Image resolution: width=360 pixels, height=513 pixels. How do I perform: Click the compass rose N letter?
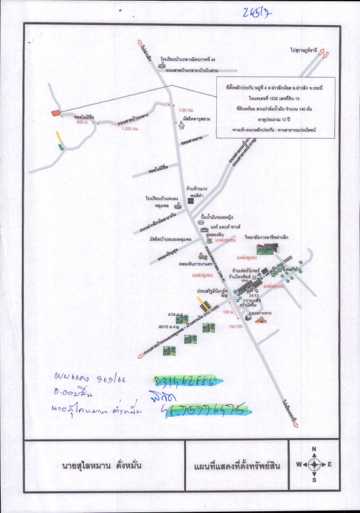314,450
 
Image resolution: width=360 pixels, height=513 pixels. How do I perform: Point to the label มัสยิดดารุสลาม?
198,119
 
